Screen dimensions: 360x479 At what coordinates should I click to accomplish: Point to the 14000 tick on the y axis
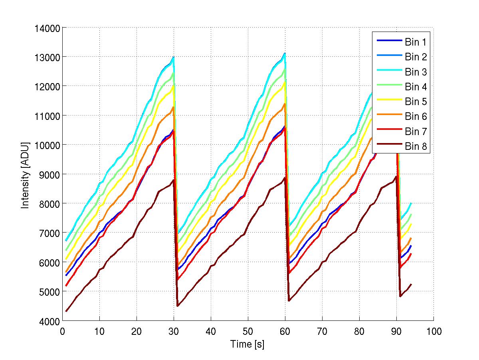[48, 28]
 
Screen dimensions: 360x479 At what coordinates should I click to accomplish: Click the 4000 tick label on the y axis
[50, 321]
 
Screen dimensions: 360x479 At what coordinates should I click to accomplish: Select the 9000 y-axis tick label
[50, 174]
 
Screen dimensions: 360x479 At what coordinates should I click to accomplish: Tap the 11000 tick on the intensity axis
[48, 116]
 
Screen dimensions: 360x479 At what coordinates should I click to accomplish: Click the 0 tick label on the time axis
[62, 331]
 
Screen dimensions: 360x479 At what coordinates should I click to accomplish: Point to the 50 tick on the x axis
[248, 331]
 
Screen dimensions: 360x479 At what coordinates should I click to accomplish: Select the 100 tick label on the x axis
[433, 331]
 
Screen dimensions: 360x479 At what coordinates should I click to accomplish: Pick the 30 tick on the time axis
[174, 331]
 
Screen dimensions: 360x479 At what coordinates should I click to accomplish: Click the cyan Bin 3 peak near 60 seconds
[285, 53]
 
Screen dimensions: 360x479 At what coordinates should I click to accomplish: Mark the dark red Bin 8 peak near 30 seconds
[174, 180]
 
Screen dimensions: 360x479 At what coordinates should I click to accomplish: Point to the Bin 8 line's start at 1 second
[66, 311]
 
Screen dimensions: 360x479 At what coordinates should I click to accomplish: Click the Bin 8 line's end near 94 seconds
[411, 284]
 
